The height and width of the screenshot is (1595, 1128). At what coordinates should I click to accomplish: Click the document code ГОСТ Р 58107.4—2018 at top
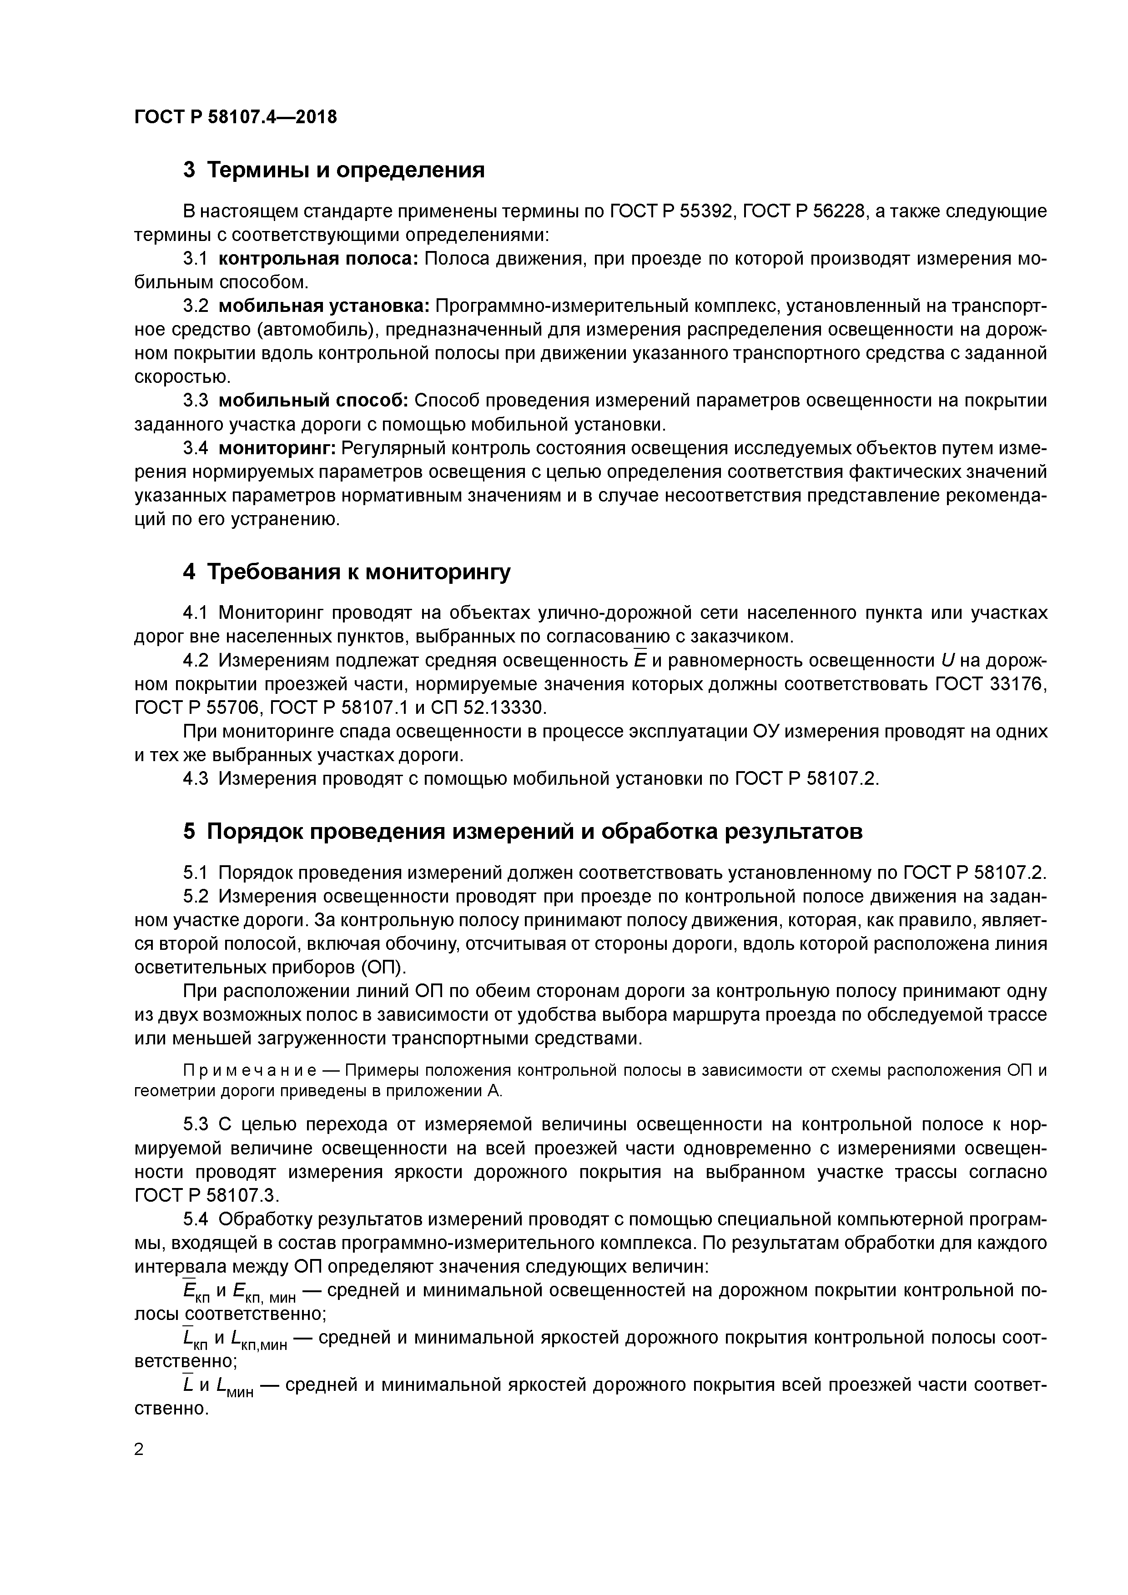(x=235, y=117)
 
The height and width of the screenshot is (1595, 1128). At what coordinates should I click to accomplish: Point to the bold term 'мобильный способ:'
(x=313, y=401)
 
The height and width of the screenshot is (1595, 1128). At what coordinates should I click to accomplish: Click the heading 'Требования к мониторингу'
(x=358, y=572)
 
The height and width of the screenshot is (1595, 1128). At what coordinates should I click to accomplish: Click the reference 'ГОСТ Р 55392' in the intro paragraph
(x=671, y=211)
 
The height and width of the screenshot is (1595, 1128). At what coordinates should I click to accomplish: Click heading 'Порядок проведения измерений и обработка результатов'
(x=534, y=832)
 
